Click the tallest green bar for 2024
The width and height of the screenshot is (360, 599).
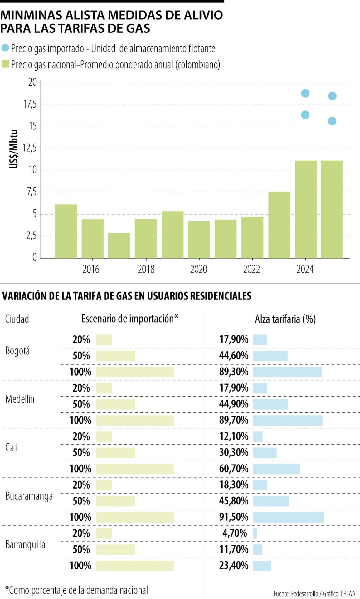(306, 209)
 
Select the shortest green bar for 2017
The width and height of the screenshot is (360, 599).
(119, 246)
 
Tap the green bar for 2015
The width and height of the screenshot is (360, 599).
(66, 231)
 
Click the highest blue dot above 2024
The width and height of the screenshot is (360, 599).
(305, 93)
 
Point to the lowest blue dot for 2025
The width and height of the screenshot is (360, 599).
(332, 121)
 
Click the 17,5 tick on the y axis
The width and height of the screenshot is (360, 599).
(30, 104)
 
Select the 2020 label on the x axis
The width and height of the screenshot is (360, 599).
(199, 269)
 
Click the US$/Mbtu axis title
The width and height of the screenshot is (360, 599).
(14, 149)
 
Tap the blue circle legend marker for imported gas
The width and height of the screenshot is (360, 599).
(5, 48)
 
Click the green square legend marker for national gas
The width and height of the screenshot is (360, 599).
(5, 64)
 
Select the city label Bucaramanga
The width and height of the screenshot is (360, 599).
(29, 496)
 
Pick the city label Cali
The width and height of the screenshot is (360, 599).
(12, 447)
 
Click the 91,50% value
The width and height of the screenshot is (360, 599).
(234, 517)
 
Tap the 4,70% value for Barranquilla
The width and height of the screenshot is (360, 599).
(234, 533)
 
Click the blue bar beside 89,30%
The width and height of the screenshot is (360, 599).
(287, 372)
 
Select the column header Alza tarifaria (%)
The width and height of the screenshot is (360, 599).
(285, 319)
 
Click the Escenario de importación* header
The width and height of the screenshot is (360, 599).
(130, 319)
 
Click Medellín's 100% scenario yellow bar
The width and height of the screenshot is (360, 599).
(135, 420)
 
